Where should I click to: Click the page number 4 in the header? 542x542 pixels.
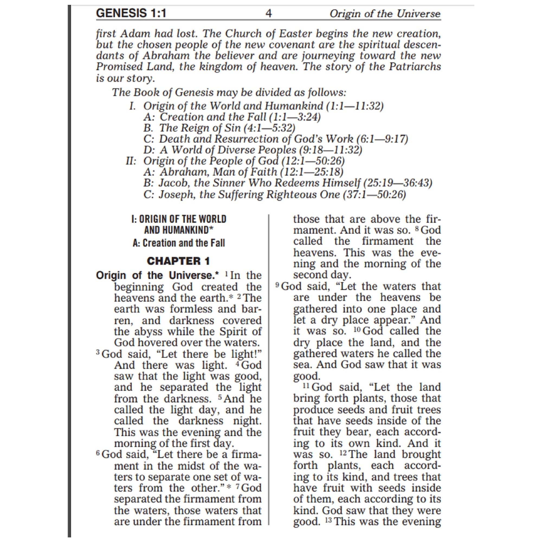(269, 14)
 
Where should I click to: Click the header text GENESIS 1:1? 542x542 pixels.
(131, 13)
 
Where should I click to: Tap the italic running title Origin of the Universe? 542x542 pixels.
(385, 14)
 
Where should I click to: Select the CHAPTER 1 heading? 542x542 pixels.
(178, 261)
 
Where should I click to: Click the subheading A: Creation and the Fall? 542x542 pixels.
(179, 243)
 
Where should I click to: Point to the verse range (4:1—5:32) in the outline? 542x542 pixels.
(269, 128)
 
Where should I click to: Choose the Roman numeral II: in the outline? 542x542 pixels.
(131, 161)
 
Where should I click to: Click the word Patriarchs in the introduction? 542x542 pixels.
(415, 67)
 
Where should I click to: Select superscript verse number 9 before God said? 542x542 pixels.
(277, 285)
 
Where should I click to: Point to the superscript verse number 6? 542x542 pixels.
(98, 453)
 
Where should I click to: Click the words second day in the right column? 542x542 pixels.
(322, 275)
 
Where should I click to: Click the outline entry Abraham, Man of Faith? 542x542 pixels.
(218, 172)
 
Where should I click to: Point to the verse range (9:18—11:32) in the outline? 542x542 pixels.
(330, 150)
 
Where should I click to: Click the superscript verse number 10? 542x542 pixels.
(357, 330)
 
